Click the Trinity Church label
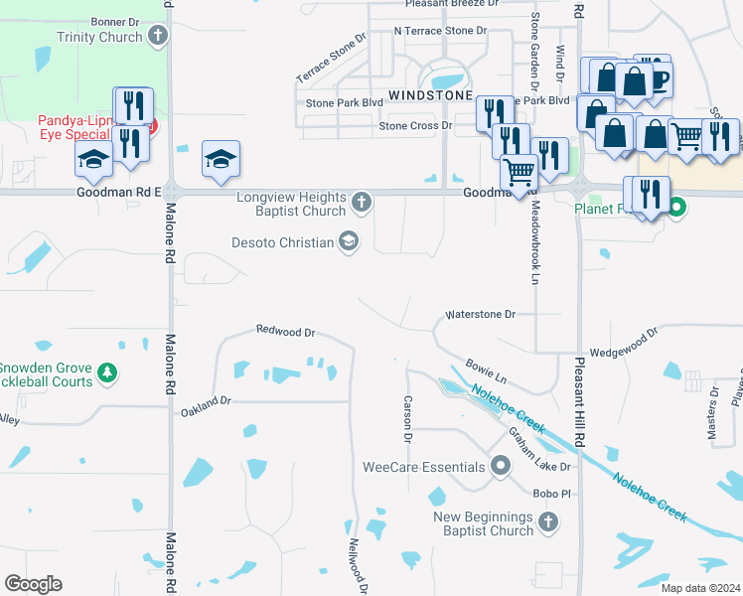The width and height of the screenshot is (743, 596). point(99,38)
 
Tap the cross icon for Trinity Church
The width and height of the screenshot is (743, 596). point(157,38)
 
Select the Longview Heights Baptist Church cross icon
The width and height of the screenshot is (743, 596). point(362,204)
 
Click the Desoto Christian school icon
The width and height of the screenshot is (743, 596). point(349,241)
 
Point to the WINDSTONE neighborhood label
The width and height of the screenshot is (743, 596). point(429,95)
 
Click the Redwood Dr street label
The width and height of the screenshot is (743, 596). point(285,331)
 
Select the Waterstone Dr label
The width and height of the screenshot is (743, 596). point(481,314)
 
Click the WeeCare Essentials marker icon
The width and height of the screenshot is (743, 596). point(501,466)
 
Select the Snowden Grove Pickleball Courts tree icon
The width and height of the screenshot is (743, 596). point(108,374)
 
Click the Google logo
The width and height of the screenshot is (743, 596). point(33,584)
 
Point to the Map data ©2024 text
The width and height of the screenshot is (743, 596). point(699,588)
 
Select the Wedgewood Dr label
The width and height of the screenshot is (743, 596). point(624,344)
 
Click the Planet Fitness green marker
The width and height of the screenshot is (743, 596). point(677,209)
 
